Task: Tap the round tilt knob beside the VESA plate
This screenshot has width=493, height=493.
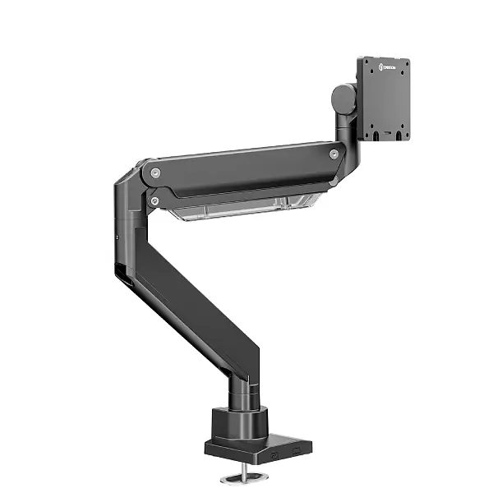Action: [x=343, y=99]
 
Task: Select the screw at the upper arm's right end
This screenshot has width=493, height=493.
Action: [x=334, y=154]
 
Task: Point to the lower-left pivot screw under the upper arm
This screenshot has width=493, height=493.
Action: [x=154, y=200]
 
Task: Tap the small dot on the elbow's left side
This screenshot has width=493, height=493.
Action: [x=117, y=238]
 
